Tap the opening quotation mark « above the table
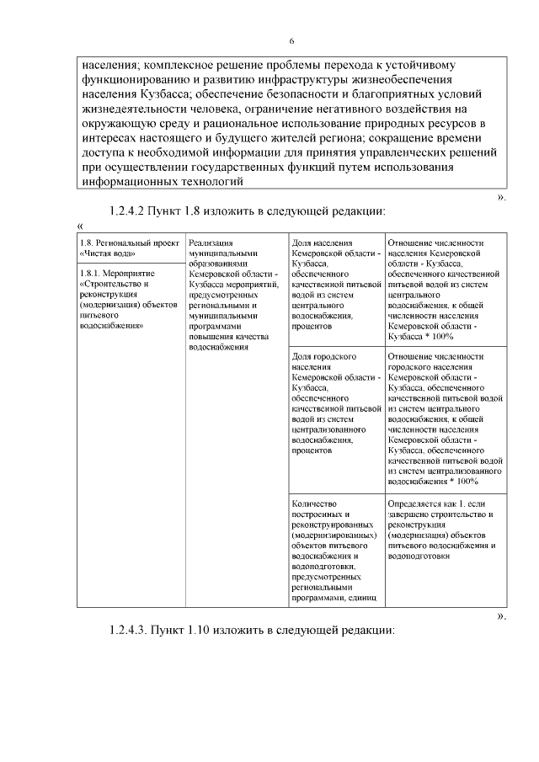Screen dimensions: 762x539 click(79, 226)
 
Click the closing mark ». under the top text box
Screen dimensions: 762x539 click(502, 197)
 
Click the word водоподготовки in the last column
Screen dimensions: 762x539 click(419, 556)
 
